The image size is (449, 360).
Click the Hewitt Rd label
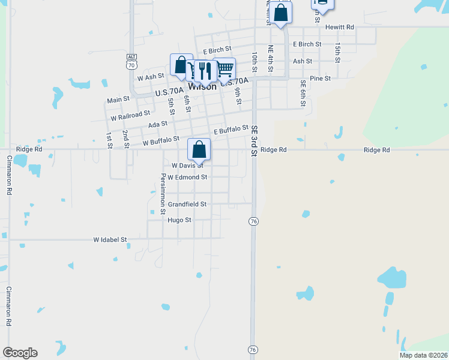[x=340, y=27]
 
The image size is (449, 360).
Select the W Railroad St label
[x=130, y=115]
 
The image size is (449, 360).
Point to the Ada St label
[x=157, y=124]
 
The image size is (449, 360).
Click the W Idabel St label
[x=110, y=239]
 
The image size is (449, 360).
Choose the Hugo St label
[x=179, y=220]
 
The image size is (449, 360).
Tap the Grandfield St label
[x=187, y=204]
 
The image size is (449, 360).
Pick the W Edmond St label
[x=187, y=178]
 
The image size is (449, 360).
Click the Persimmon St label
[x=163, y=194]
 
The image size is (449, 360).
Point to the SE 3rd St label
[x=254, y=141]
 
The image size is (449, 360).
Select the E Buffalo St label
[x=231, y=130]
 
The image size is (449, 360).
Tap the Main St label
[x=118, y=100]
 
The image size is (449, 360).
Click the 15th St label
[x=338, y=52]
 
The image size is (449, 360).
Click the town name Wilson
[x=202, y=86]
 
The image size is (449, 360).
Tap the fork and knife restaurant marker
[x=206, y=71]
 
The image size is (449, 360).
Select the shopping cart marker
[x=224, y=68]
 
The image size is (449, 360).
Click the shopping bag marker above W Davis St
[x=199, y=148]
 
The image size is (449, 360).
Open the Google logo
[x=20, y=353]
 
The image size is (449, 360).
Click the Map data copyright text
[x=423, y=355]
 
